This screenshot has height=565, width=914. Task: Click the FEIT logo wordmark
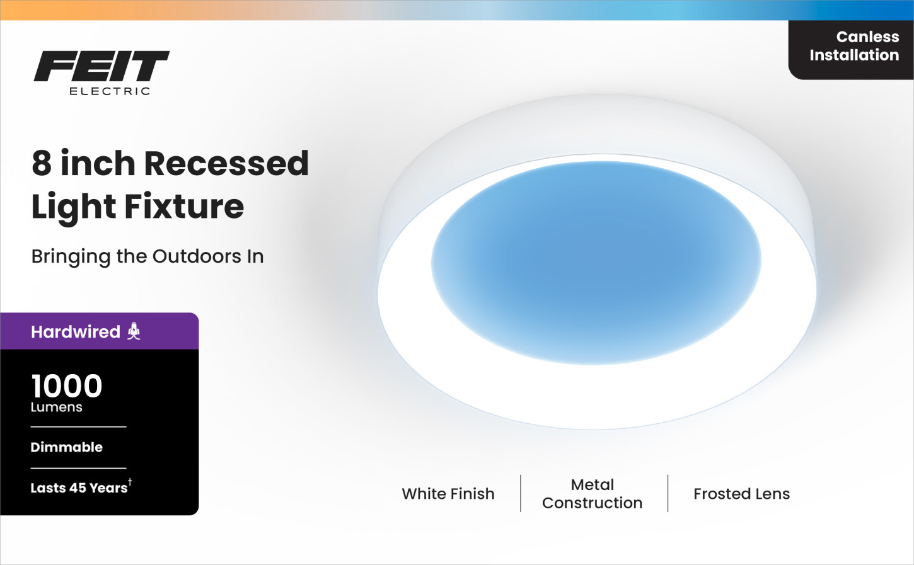(101, 66)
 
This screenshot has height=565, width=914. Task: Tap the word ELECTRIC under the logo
(110, 91)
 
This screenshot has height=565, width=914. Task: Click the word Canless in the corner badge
(867, 37)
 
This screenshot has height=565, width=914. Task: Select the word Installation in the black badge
(854, 55)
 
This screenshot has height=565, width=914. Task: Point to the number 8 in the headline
(42, 163)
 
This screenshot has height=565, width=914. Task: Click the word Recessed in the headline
(226, 163)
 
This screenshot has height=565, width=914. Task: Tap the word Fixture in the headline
(184, 206)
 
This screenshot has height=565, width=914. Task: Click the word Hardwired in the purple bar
(76, 332)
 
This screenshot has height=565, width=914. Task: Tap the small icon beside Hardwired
(134, 331)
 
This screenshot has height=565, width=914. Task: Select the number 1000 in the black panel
(67, 386)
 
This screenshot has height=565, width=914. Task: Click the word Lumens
(56, 408)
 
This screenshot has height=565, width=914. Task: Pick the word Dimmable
(67, 447)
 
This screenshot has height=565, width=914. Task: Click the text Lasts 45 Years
(79, 488)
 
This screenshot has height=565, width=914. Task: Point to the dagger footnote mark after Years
(130, 482)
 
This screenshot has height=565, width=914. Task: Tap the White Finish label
(448, 494)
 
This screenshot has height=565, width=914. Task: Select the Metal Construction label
(592, 494)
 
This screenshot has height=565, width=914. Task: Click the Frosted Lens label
(742, 494)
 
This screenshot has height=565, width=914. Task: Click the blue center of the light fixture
(596, 263)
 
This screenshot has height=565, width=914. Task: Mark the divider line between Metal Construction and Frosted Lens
(668, 493)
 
